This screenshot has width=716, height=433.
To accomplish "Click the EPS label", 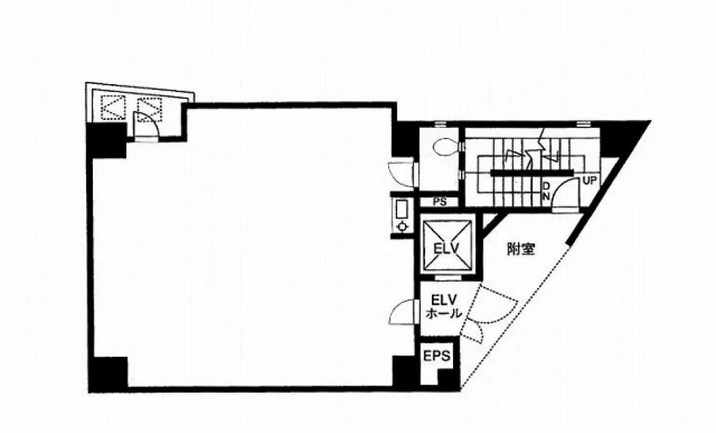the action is pyautogui.click(x=437, y=355).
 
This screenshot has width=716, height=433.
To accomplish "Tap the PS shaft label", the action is pyautogui.click(x=440, y=202).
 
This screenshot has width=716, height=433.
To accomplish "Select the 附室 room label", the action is pyautogui.click(x=521, y=249).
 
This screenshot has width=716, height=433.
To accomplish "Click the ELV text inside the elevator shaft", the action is pyautogui.click(x=446, y=249).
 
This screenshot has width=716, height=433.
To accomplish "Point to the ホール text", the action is pyautogui.click(x=443, y=314).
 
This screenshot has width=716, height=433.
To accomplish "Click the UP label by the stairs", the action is pyautogui.click(x=590, y=181).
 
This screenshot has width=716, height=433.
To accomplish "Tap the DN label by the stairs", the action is pyautogui.click(x=546, y=191).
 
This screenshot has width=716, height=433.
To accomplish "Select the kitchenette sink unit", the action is pyautogui.click(x=403, y=215).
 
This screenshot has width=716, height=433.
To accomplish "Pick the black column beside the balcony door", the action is pyautogui.click(x=107, y=140).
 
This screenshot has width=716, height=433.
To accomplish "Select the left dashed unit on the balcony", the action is pyautogui.click(x=113, y=108).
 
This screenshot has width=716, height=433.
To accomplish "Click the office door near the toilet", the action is pyautogui.click(x=401, y=174).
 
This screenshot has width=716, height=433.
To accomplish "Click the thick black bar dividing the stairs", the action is pyautogui.click(x=532, y=173).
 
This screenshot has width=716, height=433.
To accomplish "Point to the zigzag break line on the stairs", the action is pyautogui.click(x=534, y=151).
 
